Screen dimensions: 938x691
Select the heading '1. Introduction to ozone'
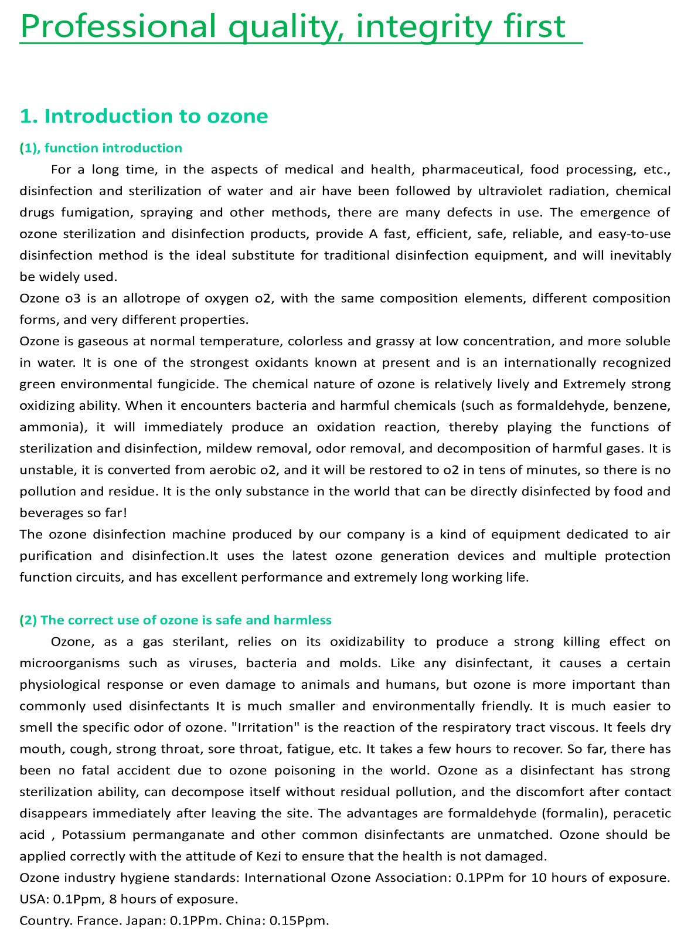tap(144, 116)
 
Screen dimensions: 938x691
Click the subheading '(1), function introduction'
tap(101, 148)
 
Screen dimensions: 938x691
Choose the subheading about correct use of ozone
tap(175, 620)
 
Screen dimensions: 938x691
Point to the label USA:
tap(33, 899)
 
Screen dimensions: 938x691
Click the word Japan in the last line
tap(145, 920)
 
